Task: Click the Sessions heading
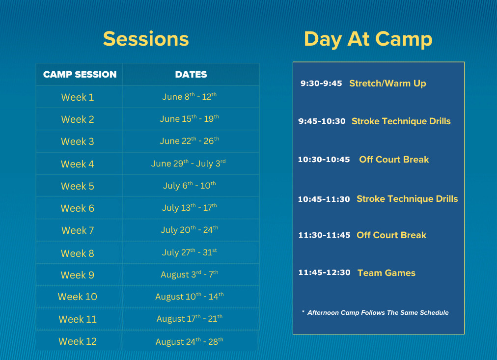(146, 39)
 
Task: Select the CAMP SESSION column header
(80, 75)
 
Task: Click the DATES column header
(191, 75)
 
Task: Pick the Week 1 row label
(78, 97)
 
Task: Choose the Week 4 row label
(78, 164)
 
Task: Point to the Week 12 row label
(78, 341)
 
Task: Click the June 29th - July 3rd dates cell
(189, 163)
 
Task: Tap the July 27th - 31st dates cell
(190, 252)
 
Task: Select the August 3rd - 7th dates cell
(190, 274)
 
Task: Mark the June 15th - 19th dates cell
(190, 118)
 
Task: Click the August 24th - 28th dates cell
(190, 342)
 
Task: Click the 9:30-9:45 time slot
(321, 83)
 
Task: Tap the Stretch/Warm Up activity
(387, 83)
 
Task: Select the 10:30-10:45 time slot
(324, 160)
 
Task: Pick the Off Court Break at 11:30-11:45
(391, 235)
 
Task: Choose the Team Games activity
(387, 273)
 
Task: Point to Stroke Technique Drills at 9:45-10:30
(401, 121)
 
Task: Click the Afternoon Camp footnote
(375, 313)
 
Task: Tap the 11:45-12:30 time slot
(325, 273)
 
